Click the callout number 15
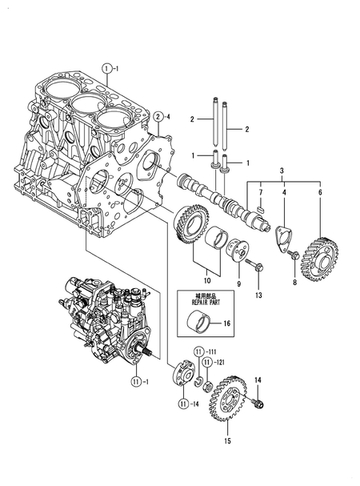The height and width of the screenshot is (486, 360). [227, 440]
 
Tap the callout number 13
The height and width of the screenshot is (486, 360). [258, 295]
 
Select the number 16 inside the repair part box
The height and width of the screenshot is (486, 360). [227, 324]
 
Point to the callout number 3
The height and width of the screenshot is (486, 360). [280, 171]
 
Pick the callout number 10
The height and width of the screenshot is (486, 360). [206, 279]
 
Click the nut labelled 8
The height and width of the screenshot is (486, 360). [295, 255]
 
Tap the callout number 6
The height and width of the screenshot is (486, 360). [321, 193]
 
